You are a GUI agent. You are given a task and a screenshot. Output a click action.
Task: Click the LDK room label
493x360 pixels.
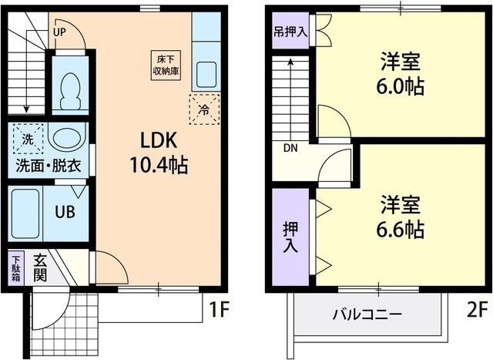click(x=159, y=140)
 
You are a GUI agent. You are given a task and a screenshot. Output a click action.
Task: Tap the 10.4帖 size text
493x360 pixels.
click(x=159, y=164)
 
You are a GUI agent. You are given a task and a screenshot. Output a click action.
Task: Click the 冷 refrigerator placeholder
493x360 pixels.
click(x=204, y=109)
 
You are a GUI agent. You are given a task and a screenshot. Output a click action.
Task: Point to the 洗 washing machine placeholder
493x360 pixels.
click(x=28, y=140)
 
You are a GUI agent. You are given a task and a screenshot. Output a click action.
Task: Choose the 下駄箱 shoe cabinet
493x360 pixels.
click(x=16, y=269)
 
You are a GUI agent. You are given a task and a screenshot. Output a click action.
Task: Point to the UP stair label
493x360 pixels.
click(x=59, y=32)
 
